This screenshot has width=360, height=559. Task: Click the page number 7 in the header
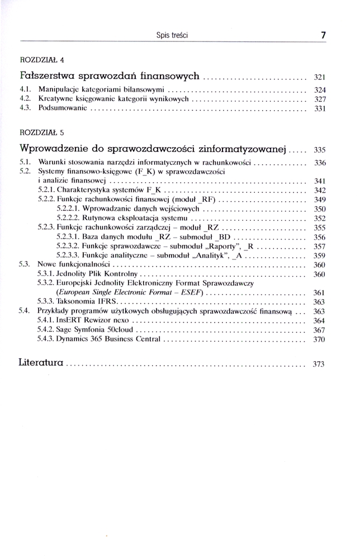click(323, 35)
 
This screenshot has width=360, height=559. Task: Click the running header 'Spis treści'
click(172, 35)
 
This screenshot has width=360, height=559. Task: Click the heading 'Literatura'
click(42, 363)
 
